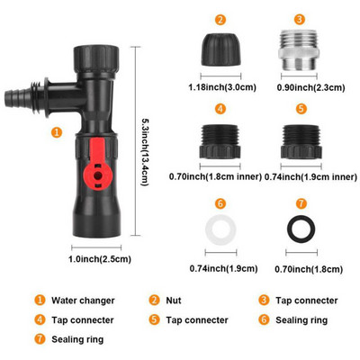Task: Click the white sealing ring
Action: (220, 230)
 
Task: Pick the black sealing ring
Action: (301, 229)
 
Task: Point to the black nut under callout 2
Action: (220, 49)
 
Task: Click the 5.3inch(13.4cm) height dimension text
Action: (146, 151)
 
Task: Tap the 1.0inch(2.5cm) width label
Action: (100, 259)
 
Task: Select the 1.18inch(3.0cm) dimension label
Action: (222, 87)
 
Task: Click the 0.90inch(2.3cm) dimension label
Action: (311, 87)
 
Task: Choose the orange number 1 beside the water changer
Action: (57, 132)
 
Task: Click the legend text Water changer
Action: (83, 301)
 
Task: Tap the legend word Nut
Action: (174, 301)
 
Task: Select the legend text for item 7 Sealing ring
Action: (77, 339)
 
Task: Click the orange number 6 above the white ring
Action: (220, 204)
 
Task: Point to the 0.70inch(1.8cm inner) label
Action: (215, 176)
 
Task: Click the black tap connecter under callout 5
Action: (301, 142)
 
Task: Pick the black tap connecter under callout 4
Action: (220, 141)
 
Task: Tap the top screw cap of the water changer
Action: (96, 58)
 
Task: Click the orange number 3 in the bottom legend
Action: (264, 300)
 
